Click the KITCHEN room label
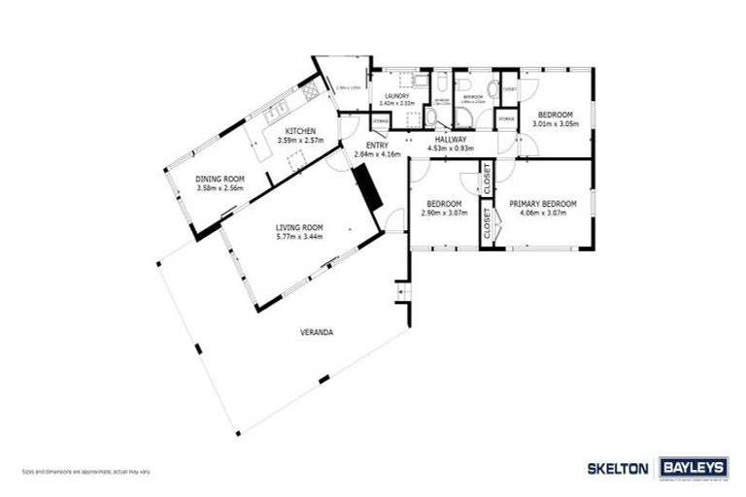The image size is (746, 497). click(299, 131)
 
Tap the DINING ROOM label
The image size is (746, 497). click(219, 179)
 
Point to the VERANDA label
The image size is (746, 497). click(318, 332)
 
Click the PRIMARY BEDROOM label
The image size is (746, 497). click(543, 203)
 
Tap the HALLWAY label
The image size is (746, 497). click(452, 139)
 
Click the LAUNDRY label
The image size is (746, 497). click(396, 96)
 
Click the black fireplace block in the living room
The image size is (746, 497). click(366, 186)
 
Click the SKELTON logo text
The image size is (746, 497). click(618, 468)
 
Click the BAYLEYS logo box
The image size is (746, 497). click(694, 468)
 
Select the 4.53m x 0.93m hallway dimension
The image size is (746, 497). click(452, 149)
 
